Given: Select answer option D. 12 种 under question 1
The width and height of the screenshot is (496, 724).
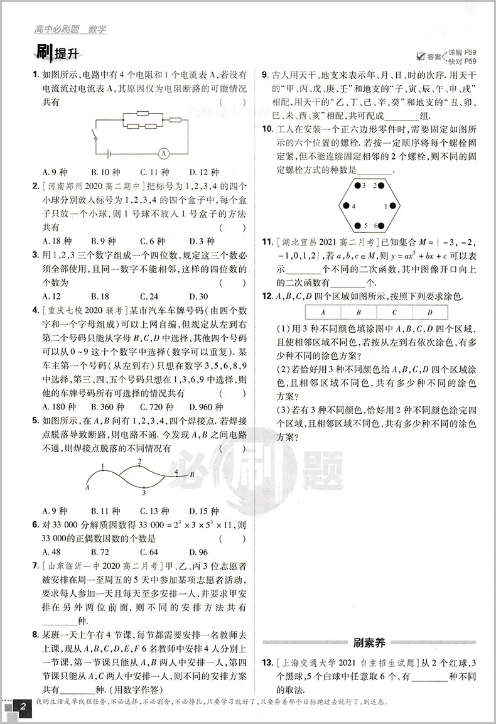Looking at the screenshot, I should [x=203, y=171].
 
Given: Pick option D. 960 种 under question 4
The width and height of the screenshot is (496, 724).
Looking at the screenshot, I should [x=206, y=406].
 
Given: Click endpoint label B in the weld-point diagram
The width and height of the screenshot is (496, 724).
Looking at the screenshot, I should [x=192, y=475].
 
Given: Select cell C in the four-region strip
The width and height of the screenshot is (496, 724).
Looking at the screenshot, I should [x=394, y=312].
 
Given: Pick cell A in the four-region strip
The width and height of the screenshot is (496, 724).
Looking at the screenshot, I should [x=322, y=312].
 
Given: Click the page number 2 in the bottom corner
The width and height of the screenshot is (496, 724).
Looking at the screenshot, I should [x=23, y=707].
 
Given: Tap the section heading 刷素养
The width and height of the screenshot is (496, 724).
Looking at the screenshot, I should [x=369, y=642].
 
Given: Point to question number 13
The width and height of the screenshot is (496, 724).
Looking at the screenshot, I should [x=267, y=662].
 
